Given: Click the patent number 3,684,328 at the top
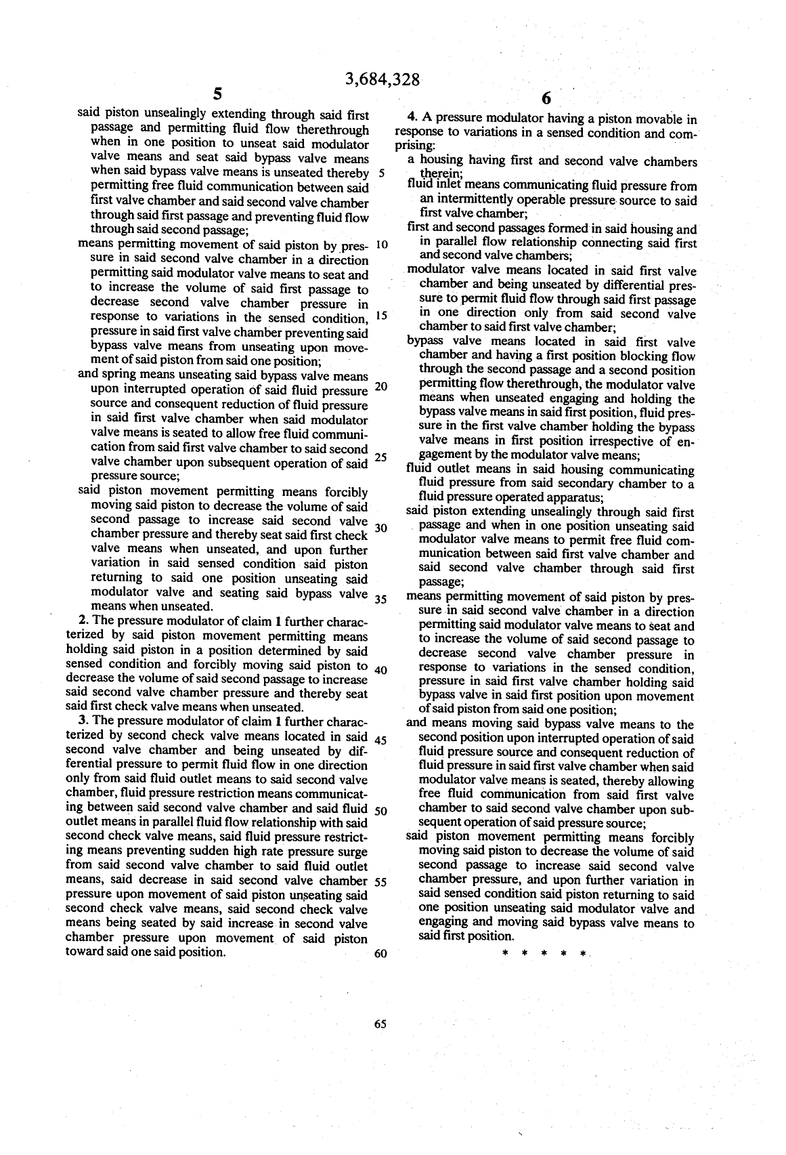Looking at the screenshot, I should tap(383, 79).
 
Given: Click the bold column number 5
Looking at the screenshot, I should tap(217, 94).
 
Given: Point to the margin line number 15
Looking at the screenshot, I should tap(380, 316).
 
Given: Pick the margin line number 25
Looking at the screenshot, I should tap(380, 457).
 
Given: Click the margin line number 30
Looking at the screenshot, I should tap(380, 528).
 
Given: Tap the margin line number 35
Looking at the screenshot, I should tap(380, 600).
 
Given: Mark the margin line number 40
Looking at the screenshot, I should tap(380, 671).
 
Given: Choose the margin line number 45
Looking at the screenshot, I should tap(380, 740).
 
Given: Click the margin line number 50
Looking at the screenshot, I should tap(380, 811).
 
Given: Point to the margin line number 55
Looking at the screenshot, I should tap(380, 882).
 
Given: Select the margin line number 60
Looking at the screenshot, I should tap(380, 954).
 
